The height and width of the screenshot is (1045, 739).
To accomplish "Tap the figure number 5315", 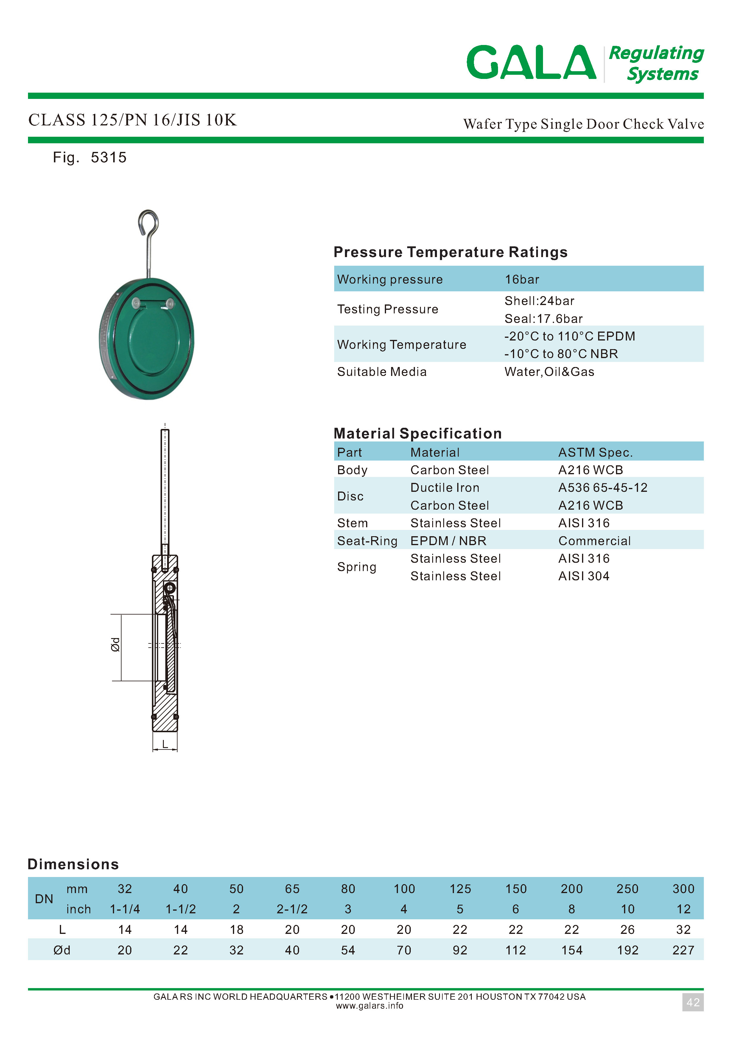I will point(109,158).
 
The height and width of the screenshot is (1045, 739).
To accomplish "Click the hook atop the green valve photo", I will point(148,223).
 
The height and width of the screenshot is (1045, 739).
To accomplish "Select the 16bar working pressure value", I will point(522,279).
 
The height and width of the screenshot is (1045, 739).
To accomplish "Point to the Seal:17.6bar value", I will point(543,319).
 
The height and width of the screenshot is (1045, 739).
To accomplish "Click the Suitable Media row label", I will point(382,372).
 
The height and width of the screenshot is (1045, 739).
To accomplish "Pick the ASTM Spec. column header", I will point(595,452).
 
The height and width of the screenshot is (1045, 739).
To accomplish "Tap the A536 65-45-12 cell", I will point(603,487).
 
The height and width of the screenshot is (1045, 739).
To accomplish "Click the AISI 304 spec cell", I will point(584,576).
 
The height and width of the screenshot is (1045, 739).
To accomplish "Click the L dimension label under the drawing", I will point(165,744).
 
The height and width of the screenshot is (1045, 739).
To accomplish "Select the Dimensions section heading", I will point(73,864).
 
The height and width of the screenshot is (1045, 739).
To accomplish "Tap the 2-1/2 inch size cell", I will point(292,909).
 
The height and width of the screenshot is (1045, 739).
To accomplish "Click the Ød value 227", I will point(683,950).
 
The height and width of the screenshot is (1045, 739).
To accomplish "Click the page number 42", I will point(693,1002).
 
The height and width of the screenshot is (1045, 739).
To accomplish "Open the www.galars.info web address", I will point(369,1006).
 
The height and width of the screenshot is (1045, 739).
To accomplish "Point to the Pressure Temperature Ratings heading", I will point(450,252).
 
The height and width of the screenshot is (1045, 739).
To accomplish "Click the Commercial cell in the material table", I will point(594,541).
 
